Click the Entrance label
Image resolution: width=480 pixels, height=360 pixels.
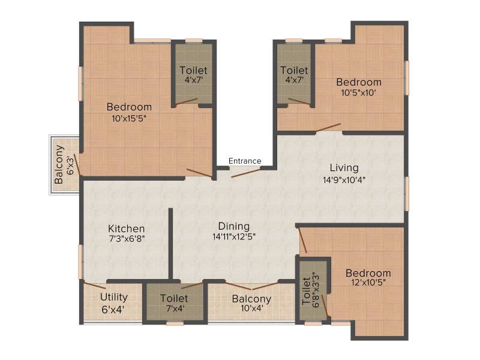click(x=245, y=161)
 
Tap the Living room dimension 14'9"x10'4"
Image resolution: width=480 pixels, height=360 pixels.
click(x=344, y=179)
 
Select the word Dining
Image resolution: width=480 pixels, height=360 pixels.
click(x=234, y=226)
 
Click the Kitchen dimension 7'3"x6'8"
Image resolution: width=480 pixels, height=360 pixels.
click(x=127, y=238)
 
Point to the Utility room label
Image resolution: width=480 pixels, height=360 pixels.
click(x=113, y=297)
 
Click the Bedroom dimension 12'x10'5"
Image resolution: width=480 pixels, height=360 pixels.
click(x=368, y=282)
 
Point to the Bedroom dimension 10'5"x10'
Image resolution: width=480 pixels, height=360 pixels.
click(x=358, y=92)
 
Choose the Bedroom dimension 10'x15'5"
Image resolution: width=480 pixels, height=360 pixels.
click(x=129, y=118)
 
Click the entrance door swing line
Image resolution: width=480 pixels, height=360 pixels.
click(x=246, y=172)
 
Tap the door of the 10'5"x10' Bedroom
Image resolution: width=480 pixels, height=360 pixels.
click(x=328, y=128)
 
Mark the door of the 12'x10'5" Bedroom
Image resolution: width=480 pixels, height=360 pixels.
click(x=302, y=241)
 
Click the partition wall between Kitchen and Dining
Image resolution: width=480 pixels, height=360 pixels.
click(x=170, y=244)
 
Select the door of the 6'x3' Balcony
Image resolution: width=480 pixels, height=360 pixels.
click(x=78, y=164)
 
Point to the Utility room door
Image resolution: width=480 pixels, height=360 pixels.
click(x=95, y=286)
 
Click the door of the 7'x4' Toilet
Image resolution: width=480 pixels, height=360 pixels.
click(x=192, y=286)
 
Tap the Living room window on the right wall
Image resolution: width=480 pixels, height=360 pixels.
click(x=407, y=194)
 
